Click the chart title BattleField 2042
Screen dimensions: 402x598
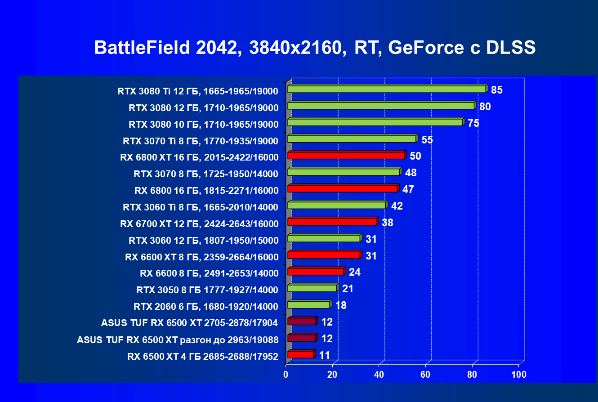point(314,48)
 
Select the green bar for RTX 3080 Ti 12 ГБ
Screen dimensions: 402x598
point(387,89)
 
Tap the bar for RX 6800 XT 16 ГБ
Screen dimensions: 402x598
point(346,156)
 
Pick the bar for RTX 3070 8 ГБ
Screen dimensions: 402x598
point(344,172)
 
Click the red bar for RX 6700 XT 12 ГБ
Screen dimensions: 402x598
point(332,222)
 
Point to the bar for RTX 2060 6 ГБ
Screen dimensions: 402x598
point(308,305)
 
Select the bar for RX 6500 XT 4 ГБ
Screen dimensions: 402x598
point(300,355)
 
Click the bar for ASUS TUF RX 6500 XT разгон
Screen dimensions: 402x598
point(302,338)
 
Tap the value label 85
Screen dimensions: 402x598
point(496,90)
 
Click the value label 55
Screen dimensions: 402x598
point(427,140)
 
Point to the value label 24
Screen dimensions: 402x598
point(355,272)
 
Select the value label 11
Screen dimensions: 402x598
point(325,355)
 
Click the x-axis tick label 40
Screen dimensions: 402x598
point(379,375)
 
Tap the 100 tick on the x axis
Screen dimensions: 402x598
point(519,375)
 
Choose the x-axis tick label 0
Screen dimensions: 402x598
point(286,375)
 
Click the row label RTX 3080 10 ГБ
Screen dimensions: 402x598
point(203,125)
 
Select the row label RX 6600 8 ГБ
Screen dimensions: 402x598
point(209,273)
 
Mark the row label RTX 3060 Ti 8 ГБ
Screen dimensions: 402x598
point(201,207)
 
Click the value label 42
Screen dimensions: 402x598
point(397,206)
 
